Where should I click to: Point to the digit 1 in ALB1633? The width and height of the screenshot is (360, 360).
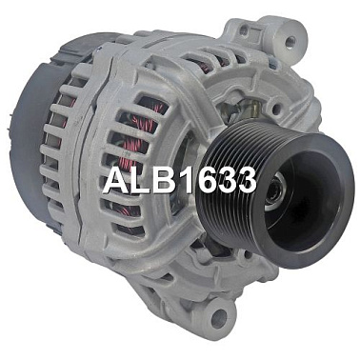(181, 180)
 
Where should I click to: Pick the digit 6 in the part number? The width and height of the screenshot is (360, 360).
(201, 180)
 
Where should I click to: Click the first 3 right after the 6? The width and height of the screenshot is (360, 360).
(223, 180)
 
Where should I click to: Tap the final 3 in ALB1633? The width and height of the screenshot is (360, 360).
(245, 180)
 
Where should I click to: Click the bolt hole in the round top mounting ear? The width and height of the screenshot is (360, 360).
(290, 41)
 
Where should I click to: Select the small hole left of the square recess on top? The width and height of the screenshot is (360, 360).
(244, 30)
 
